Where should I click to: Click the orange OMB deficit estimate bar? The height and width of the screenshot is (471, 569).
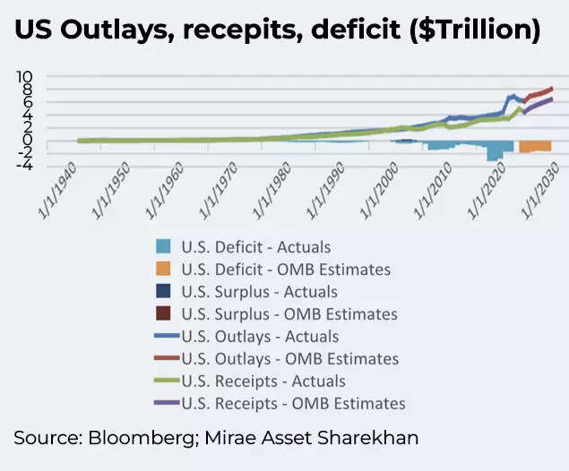535,146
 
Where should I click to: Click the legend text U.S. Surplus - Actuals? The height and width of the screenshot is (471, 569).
259,292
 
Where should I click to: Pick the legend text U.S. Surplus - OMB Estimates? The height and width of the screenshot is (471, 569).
289,314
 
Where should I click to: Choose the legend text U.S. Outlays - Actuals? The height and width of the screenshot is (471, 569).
260,337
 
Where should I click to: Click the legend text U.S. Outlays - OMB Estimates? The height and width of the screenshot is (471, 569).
289,359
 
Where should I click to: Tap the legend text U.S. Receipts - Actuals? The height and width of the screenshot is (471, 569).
263,381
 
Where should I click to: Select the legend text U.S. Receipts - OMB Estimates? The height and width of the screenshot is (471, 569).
293,404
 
